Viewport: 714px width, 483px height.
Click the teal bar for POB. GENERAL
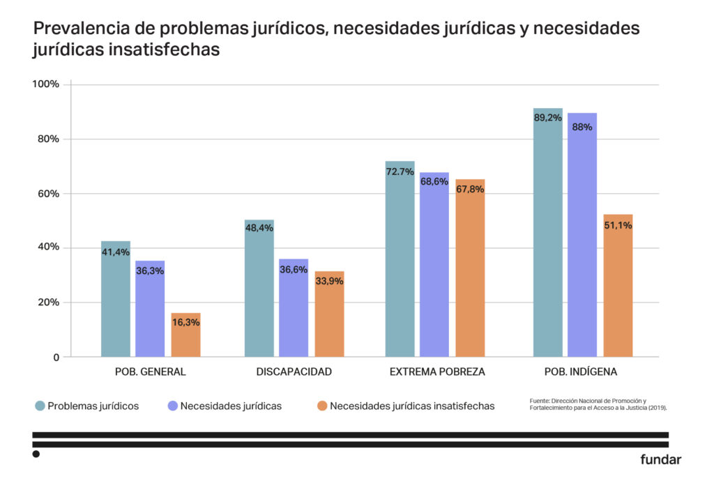(x=116, y=300)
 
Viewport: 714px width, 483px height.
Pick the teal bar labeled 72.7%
(x=400, y=265)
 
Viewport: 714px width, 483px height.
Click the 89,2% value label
(x=548, y=118)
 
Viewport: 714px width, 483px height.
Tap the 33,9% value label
(x=329, y=281)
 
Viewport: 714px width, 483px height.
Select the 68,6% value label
(x=434, y=181)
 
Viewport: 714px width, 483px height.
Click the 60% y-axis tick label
(x=48, y=194)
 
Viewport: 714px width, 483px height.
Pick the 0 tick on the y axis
(x=56, y=358)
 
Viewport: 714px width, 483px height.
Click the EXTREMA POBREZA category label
(x=437, y=371)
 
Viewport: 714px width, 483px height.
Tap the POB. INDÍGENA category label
(x=583, y=371)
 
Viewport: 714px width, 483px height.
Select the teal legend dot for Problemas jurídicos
(x=39, y=406)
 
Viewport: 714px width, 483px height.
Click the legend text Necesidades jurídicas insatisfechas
(x=412, y=406)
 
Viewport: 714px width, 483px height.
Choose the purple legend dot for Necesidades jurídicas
(x=172, y=406)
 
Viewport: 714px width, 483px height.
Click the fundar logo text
(x=660, y=459)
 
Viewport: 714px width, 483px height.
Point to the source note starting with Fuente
(x=598, y=404)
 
